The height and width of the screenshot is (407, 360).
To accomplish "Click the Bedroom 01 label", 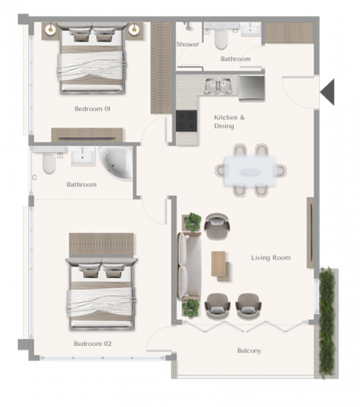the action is click(x=92, y=109).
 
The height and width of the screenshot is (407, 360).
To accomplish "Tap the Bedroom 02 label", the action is click(x=92, y=343).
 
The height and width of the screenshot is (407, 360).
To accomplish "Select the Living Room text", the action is click(x=271, y=258).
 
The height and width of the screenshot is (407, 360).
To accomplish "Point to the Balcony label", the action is click(x=249, y=350).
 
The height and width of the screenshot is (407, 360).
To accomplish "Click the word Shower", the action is click(x=188, y=44).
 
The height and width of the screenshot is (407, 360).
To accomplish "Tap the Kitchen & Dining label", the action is click(x=229, y=121).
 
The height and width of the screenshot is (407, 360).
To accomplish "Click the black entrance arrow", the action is click(x=328, y=92).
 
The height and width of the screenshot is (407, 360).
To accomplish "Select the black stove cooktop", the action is click(x=186, y=121).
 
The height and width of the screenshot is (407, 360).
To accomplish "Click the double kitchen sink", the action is click(x=218, y=86).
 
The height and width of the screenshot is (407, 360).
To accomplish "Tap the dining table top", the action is click(x=250, y=170).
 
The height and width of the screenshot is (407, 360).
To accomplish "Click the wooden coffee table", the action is click(x=218, y=264).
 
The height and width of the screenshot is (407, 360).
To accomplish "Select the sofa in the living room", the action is click(x=189, y=266).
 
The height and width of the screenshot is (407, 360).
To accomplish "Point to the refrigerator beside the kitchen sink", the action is click(x=251, y=88).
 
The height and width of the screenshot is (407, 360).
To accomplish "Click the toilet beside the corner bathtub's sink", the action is click(x=49, y=163).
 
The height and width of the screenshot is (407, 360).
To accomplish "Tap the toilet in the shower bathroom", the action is click(x=221, y=39).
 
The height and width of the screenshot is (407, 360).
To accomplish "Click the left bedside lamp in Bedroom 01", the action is click(x=50, y=30).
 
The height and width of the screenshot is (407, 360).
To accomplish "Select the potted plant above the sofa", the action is click(x=192, y=222).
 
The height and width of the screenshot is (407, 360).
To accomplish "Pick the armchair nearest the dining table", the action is click(x=217, y=226).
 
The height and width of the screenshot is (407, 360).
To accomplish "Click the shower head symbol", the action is click(x=188, y=27).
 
